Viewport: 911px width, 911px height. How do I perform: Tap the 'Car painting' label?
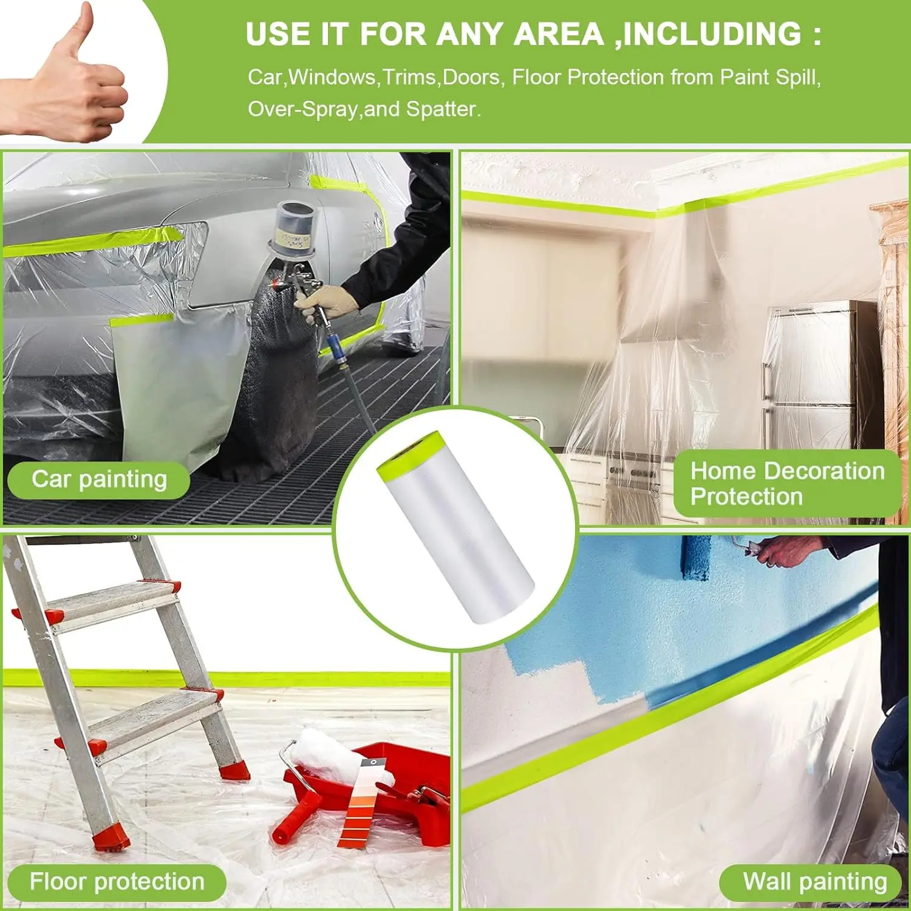coord(99,480)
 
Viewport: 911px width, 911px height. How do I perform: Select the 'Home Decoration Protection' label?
coord(787,483)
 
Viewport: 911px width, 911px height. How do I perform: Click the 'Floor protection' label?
coord(117,882)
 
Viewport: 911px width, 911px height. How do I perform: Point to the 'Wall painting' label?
coord(814,881)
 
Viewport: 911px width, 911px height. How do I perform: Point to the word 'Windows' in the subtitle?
coord(332,78)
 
